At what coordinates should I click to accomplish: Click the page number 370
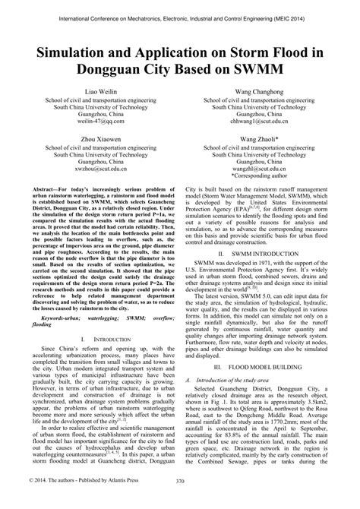point(180,501)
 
